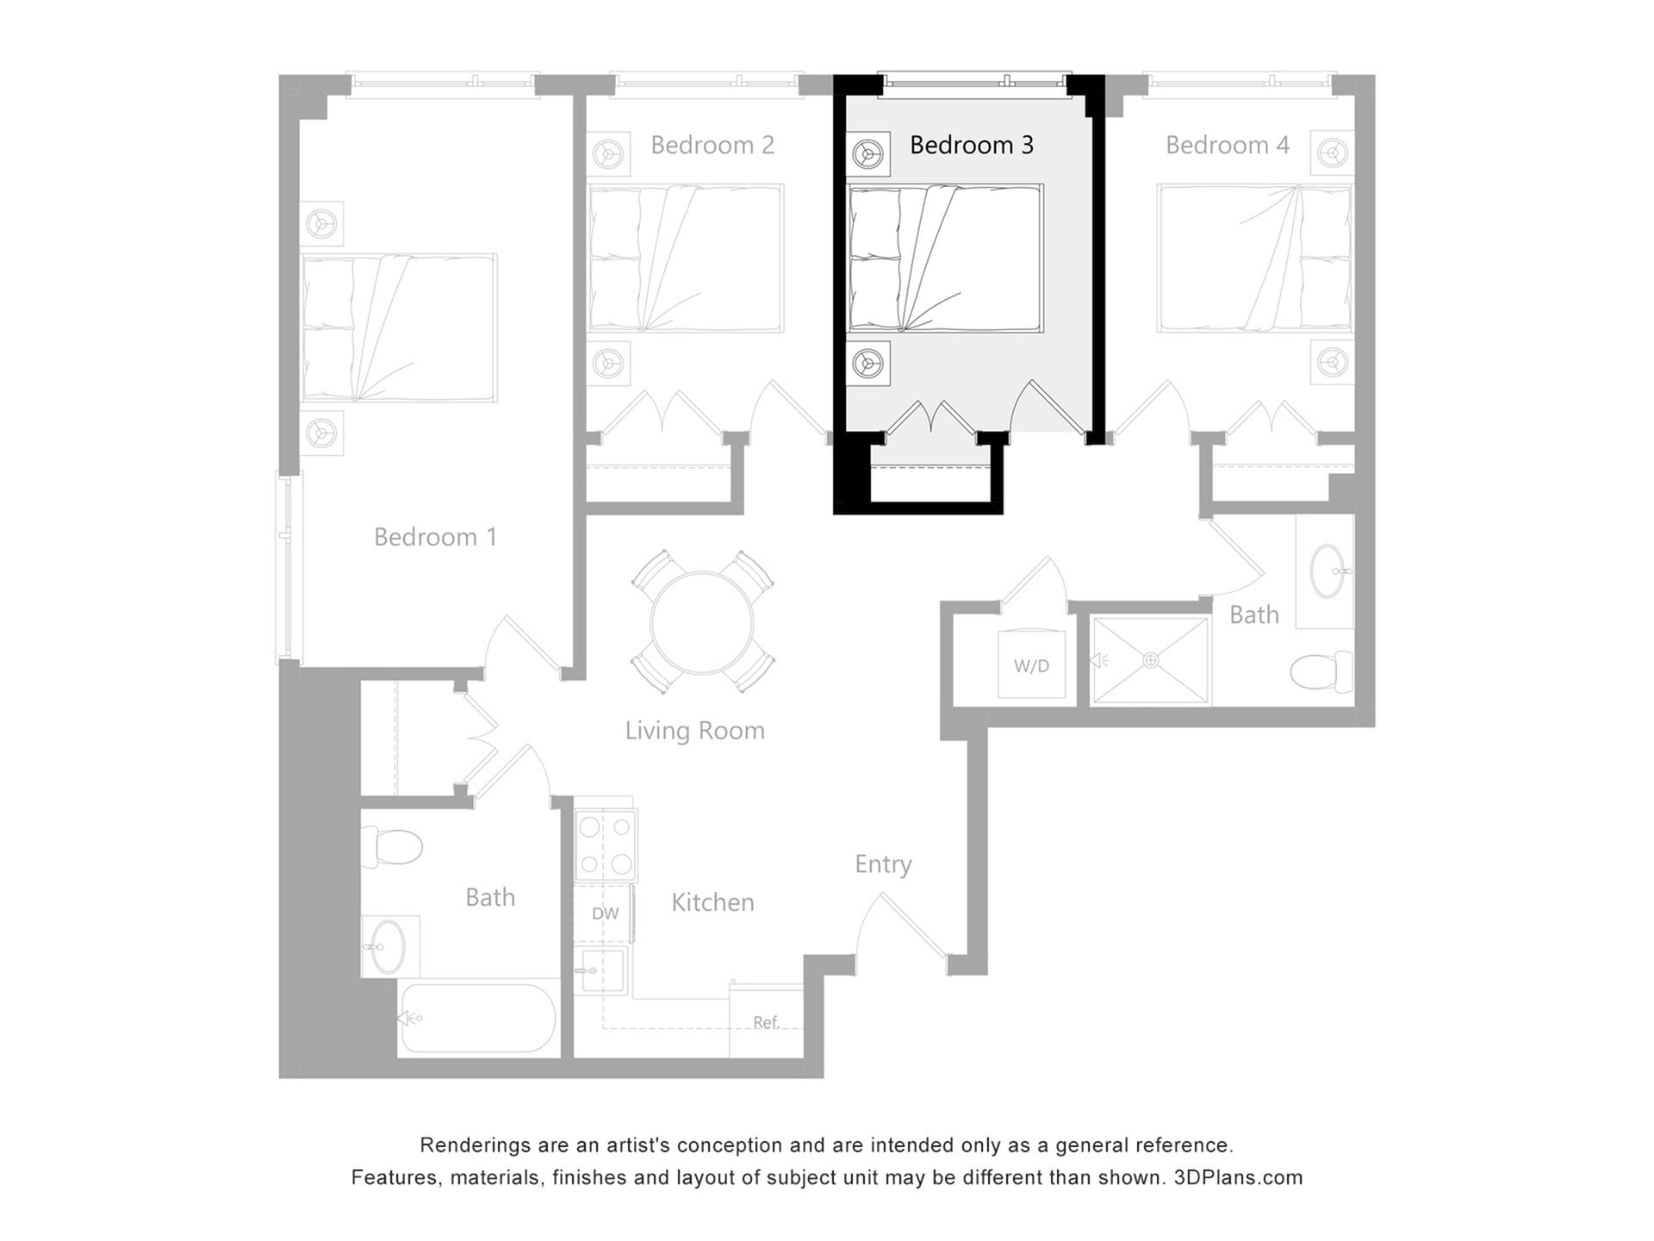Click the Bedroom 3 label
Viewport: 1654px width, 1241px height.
tap(971, 145)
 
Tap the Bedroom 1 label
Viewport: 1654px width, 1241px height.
tap(435, 537)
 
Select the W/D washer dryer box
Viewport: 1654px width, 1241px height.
tap(1031, 664)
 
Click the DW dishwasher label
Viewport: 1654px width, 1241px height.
tap(605, 914)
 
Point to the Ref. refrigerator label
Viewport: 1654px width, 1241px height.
tap(766, 1022)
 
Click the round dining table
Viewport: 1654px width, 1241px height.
tap(702, 622)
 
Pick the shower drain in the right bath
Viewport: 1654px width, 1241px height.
tap(1151, 661)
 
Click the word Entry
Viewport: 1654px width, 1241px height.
tap(883, 864)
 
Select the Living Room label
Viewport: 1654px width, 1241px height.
tap(694, 731)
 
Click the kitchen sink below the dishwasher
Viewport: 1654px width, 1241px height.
tap(600, 971)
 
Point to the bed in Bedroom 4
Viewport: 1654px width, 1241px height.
tap(1254, 258)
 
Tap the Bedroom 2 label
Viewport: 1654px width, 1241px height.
tap(712, 145)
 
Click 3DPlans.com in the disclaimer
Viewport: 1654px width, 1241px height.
tap(1238, 1177)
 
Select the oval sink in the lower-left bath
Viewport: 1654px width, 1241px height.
tap(389, 945)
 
